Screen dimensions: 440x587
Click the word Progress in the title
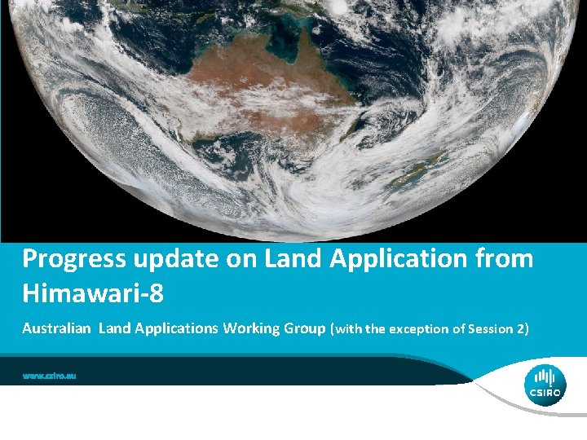pyautogui.click(x=73, y=260)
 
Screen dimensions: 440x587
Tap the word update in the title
pyautogui.click(x=173, y=260)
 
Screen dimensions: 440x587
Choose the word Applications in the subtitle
pyautogui.click(x=170, y=328)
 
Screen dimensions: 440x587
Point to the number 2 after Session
pyautogui.click(x=520, y=329)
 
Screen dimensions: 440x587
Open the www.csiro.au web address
pyautogui.click(x=50, y=376)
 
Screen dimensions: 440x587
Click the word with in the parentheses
pyautogui.click(x=346, y=329)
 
